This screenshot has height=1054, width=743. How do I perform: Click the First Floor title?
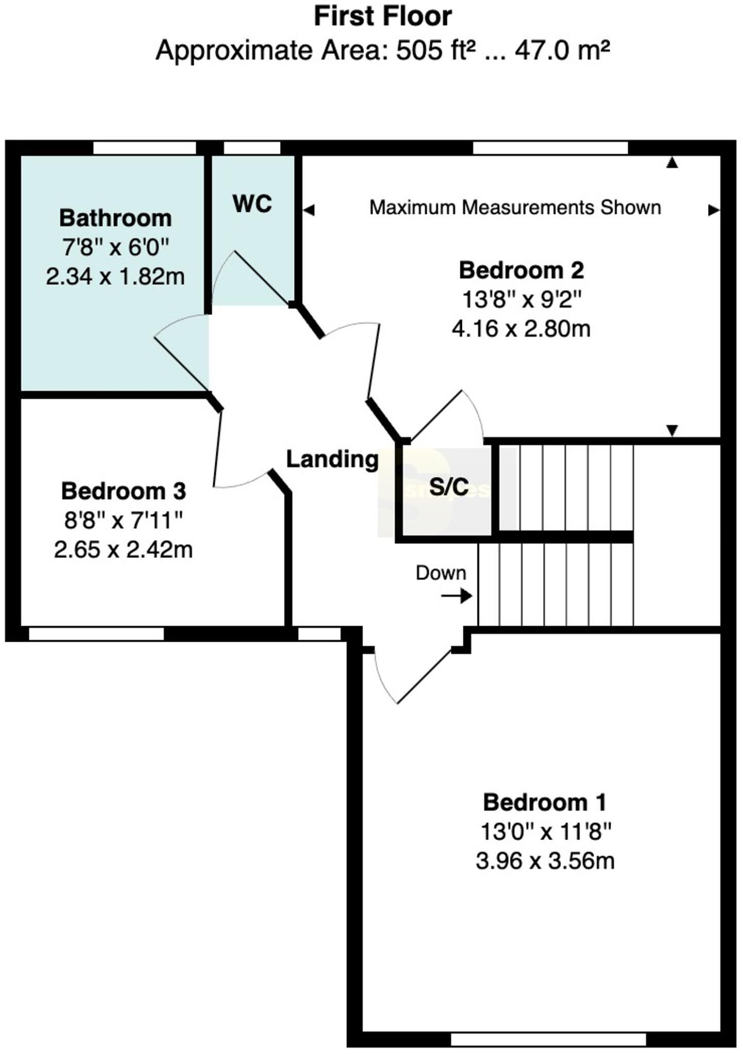[383, 16]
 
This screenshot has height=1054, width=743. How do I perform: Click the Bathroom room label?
[115, 218]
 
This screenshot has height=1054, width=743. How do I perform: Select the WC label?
[252, 204]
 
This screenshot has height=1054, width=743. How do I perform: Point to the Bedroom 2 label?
[521, 271]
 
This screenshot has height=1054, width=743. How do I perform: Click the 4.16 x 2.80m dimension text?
[521, 328]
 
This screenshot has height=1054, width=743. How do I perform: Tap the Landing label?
[332, 459]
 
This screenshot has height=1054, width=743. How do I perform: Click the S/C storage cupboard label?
[449, 486]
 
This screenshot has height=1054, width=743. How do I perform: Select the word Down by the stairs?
[441, 573]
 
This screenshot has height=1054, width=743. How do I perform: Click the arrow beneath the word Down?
[457, 596]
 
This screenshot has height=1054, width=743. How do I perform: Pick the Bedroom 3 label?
[124, 491]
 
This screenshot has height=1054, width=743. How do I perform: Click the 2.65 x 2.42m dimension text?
[124, 550]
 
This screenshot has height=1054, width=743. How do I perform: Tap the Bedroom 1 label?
[545, 802]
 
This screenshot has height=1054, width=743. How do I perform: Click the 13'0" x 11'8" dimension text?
[545, 831]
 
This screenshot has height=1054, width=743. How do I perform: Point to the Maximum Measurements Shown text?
[515, 208]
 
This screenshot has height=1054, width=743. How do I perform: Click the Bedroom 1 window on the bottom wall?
[548, 1039]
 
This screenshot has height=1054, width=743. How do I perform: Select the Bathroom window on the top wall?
[145, 148]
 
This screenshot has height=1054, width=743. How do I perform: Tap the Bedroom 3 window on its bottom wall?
[96, 634]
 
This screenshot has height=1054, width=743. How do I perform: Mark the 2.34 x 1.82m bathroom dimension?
[115, 277]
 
